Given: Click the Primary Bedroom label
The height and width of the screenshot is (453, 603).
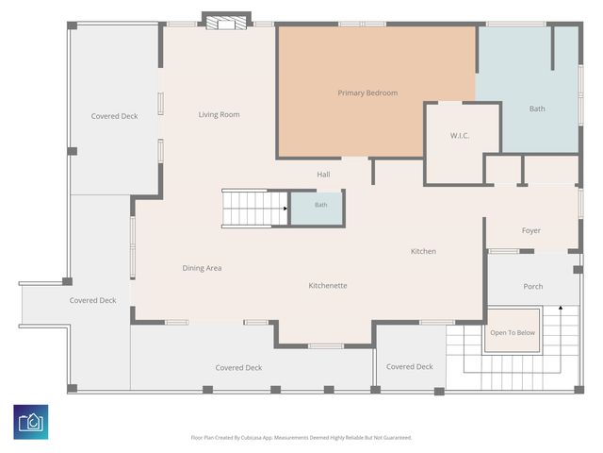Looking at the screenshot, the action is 367,93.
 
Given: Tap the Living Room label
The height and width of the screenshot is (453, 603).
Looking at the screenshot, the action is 219,114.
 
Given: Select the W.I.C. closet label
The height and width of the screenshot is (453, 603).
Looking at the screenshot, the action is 460,136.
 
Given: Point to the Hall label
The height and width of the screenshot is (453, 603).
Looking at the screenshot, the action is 323,175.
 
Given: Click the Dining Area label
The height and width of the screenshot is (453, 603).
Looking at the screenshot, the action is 202,268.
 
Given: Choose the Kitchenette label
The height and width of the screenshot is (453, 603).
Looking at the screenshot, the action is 328,285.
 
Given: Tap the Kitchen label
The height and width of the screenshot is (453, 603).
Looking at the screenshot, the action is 423,251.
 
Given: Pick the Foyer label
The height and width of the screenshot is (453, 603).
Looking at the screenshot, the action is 531,230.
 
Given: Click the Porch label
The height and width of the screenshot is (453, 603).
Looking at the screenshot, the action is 533,286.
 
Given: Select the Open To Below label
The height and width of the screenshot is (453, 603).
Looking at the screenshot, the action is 513,332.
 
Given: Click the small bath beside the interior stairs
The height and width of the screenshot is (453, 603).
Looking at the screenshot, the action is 317,209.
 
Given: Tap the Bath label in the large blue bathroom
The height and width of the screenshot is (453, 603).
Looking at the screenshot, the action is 537,109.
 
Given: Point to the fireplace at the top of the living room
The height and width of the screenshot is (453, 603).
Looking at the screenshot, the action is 226,23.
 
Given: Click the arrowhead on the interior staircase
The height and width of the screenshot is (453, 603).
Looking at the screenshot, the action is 285,209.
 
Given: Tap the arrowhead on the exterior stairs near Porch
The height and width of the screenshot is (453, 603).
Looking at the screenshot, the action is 561,308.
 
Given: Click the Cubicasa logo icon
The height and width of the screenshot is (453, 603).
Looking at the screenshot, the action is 31,422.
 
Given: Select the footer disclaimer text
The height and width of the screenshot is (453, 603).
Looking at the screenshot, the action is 301,438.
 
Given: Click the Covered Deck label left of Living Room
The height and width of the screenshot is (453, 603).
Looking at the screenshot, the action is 114,116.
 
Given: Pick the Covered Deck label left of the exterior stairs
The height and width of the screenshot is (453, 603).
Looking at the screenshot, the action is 410,367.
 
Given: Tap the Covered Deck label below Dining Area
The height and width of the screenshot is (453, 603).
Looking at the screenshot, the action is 238,368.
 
